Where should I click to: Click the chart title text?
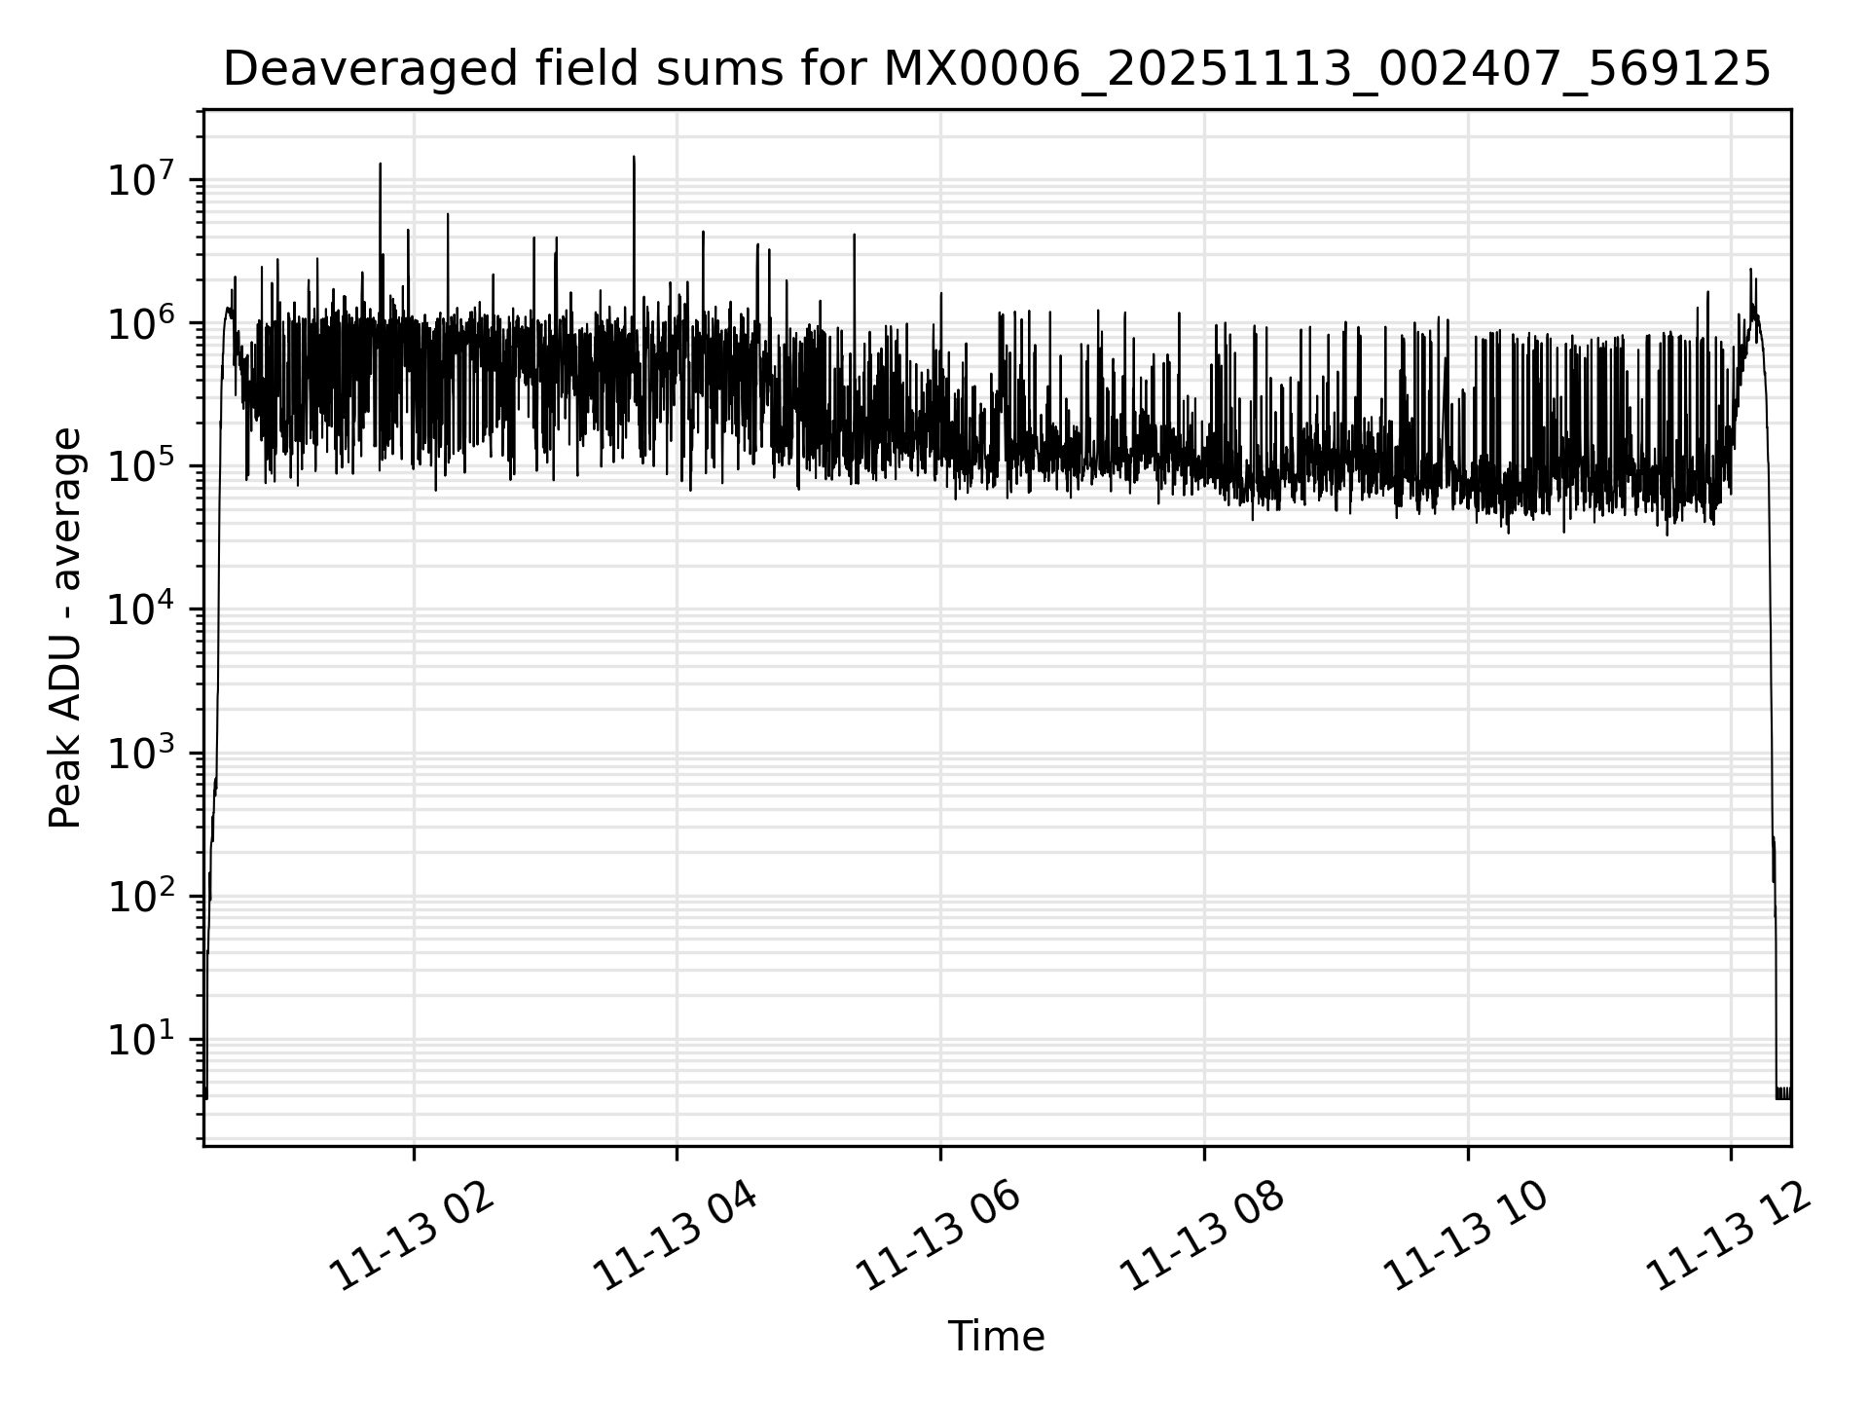[996, 70]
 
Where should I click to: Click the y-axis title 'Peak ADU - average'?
[65, 629]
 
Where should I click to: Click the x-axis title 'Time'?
[996, 1337]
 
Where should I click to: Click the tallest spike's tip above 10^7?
[634, 158]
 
